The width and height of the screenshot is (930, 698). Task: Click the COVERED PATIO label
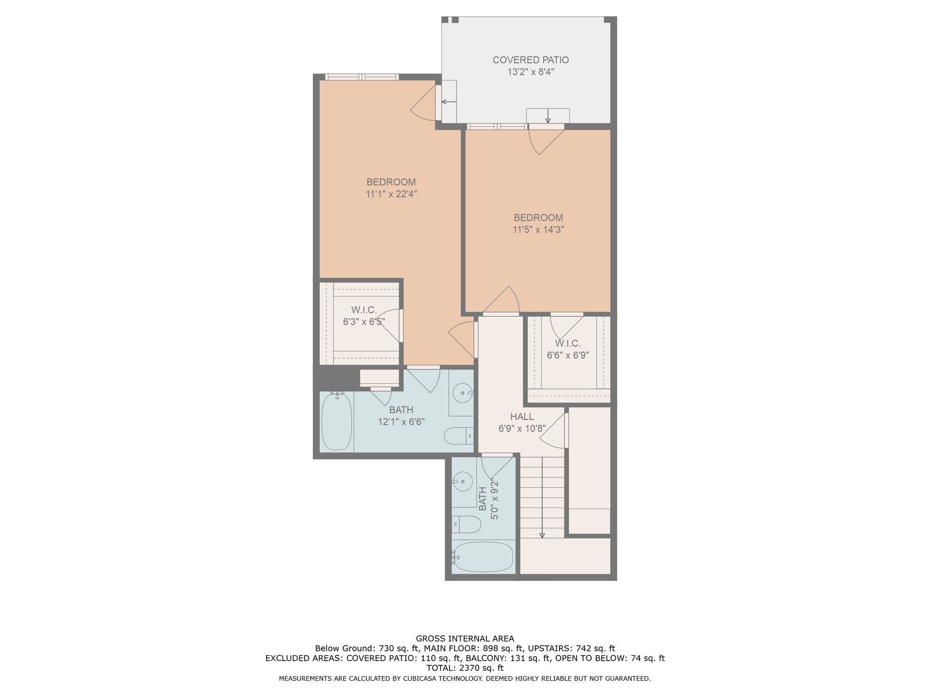pos(530,60)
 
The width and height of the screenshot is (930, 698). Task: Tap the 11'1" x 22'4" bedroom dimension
pos(391,194)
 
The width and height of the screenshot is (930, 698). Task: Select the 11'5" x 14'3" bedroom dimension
pos(538,229)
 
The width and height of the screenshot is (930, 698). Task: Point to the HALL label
pos(522,416)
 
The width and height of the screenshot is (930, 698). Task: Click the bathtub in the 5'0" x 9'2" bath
pos(483,557)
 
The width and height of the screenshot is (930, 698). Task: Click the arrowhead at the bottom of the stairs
pos(542,536)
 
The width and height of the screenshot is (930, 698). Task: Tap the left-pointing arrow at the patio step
pos(449,101)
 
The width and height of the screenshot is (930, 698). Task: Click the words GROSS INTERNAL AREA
pos(465,638)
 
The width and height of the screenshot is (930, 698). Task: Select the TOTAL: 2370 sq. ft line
pos(465,668)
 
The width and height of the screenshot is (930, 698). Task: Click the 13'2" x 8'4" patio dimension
pos(531,72)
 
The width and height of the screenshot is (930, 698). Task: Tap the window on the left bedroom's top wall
pos(362,77)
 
